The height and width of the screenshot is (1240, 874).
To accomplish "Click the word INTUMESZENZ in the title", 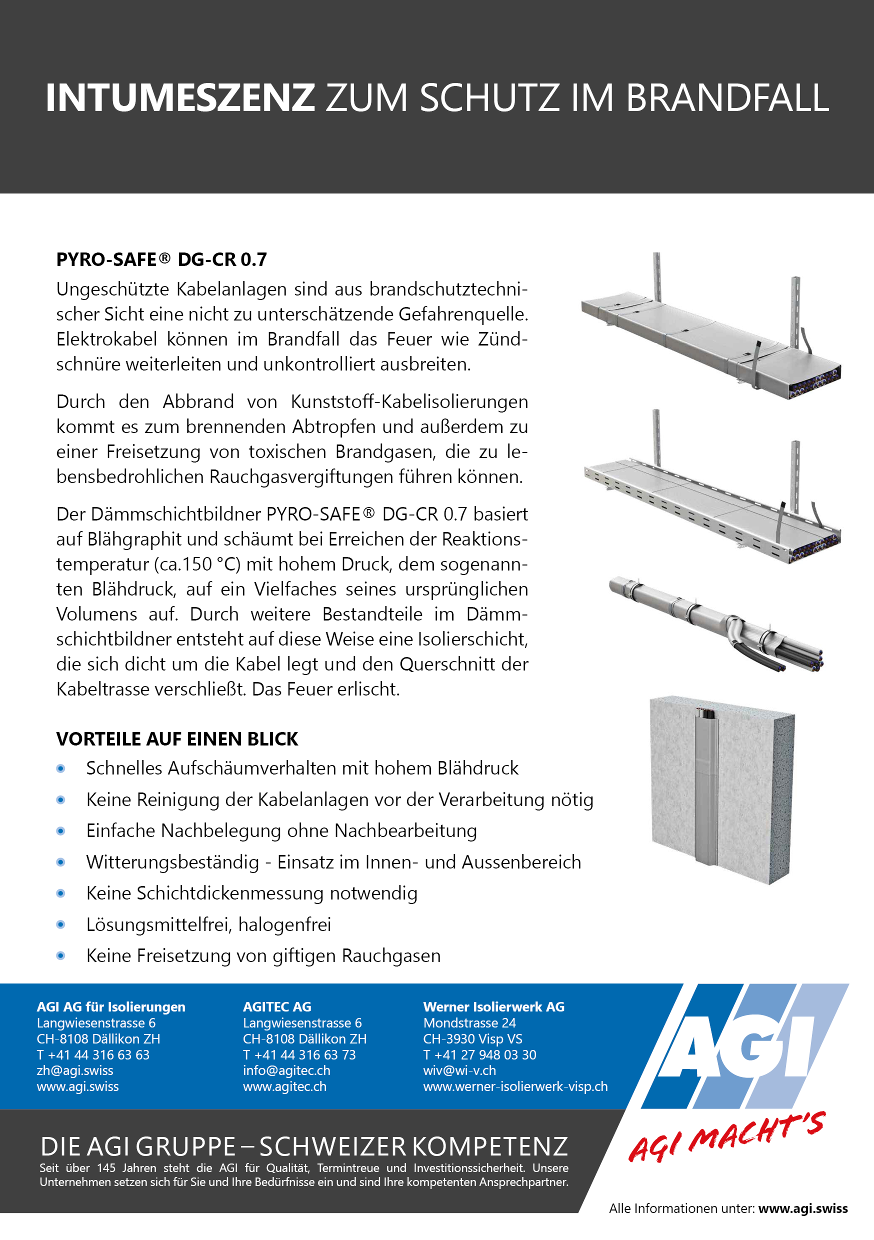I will click(x=180, y=98).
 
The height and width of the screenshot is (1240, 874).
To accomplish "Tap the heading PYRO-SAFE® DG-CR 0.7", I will click(x=161, y=260).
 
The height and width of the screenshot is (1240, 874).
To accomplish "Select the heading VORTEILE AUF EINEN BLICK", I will click(x=176, y=739).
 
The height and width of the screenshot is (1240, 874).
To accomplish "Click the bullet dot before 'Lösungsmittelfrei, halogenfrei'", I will click(x=61, y=924).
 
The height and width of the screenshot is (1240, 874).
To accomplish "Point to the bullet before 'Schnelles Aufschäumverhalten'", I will click(x=61, y=768).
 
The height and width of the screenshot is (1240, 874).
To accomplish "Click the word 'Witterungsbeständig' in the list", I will click(x=172, y=862).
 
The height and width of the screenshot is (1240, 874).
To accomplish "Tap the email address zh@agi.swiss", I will click(x=75, y=1070).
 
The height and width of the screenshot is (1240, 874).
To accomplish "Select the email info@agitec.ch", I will click(x=286, y=1070).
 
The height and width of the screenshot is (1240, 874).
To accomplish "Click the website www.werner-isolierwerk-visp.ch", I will click(x=515, y=1086).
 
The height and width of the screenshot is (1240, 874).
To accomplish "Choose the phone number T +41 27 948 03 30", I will click(x=479, y=1055).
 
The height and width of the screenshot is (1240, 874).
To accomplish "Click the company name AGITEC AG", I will click(x=277, y=1006).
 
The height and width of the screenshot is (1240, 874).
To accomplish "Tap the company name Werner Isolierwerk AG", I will click(x=493, y=1006).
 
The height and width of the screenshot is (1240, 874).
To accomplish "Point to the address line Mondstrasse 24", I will click(x=469, y=1023).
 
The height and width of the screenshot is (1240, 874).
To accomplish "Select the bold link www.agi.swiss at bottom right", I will click(x=802, y=1208).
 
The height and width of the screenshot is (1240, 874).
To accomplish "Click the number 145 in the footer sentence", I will click(x=106, y=1167).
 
